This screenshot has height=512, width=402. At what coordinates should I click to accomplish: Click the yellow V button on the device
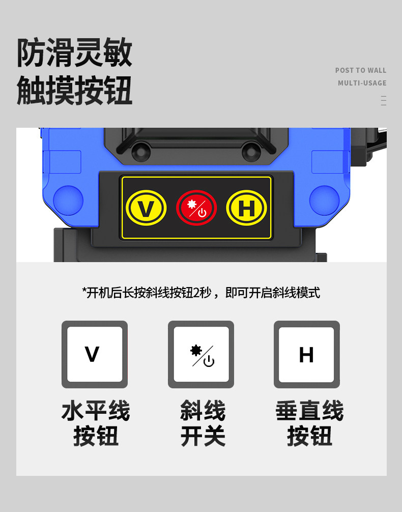(146, 208)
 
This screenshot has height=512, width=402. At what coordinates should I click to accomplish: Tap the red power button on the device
(196, 208)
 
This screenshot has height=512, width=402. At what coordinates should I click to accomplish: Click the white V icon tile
(95, 354)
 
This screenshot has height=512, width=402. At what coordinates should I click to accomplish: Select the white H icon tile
(307, 354)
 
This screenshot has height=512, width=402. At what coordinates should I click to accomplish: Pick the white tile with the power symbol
(201, 354)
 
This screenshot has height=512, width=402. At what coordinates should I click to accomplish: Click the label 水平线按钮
(96, 423)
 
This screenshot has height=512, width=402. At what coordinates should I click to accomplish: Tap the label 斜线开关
(203, 423)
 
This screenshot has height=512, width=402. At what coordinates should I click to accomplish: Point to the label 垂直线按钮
(309, 423)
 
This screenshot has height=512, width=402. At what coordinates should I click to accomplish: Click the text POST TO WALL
(360, 70)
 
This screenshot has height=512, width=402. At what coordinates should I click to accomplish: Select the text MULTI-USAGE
(362, 83)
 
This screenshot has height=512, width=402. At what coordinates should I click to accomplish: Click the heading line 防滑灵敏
(74, 52)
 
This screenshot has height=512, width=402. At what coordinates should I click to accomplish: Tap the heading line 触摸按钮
(74, 90)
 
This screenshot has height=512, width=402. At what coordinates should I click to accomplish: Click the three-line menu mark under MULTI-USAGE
(383, 101)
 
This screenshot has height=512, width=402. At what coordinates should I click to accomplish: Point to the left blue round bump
(68, 201)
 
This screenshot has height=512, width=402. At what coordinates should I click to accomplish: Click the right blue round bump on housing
(324, 201)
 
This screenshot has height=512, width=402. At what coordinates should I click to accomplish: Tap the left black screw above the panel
(141, 151)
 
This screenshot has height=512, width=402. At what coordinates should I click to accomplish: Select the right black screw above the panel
(251, 151)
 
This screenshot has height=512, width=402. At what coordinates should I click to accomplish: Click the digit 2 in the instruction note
(196, 293)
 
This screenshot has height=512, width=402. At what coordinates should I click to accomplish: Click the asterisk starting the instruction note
(84, 290)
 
